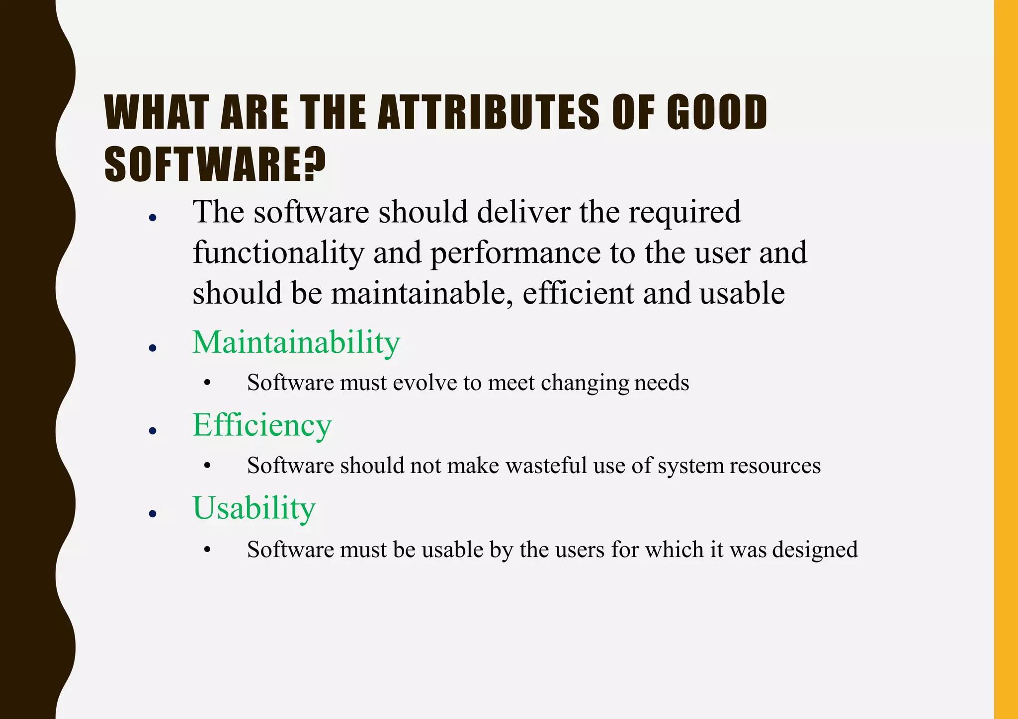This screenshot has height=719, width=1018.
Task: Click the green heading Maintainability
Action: (296, 342)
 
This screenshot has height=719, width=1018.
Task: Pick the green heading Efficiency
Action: (262, 425)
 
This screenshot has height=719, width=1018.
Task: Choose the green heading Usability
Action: (254, 508)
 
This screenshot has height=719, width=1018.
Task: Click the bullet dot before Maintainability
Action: (153, 348)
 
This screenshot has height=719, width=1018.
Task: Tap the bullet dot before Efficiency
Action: (153, 431)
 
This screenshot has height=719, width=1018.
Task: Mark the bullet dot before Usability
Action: (153, 514)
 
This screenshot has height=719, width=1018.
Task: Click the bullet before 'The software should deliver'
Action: (153, 218)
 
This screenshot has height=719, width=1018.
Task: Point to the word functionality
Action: (278, 253)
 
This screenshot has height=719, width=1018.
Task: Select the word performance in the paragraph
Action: (515, 253)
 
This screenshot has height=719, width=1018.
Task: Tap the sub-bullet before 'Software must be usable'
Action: (207, 550)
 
